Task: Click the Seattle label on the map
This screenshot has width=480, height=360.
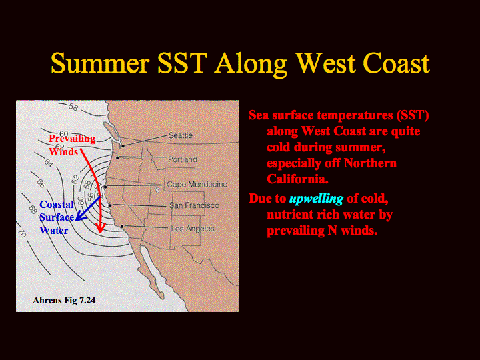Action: pyautogui.click(x=180, y=135)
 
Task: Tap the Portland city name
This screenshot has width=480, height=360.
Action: pyautogui.click(x=183, y=159)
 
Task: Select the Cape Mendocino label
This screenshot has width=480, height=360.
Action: pyautogui.click(x=197, y=184)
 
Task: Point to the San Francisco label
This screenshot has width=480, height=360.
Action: pyautogui.click(x=195, y=205)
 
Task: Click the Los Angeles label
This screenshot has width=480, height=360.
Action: pyautogui.click(x=193, y=229)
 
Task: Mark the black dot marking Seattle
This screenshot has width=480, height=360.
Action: pyautogui.click(x=123, y=146)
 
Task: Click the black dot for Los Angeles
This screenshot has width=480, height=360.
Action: pyautogui.click(x=122, y=227)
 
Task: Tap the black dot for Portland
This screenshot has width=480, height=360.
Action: pyautogui.click(x=117, y=157)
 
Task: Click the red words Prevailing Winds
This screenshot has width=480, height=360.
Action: pyautogui.click(x=72, y=145)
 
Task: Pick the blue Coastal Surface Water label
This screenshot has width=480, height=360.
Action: pyautogui.click(x=57, y=217)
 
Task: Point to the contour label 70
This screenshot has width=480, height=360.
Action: pyautogui.click(x=21, y=233)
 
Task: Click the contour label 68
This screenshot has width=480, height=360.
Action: pyautogui.click(x=33, y=209)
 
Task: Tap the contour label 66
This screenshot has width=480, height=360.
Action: pyautogui.click(x=41, y=183)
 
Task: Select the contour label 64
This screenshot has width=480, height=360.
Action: pyautogui.click(x=49, y=163)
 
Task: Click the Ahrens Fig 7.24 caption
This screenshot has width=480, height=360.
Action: pyautogui.click(x=64, y=300)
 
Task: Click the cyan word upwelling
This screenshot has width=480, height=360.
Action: pyautogui.click(x=316, y=199)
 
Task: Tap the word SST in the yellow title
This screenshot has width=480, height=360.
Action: pyautogui.click(x=182, y=63)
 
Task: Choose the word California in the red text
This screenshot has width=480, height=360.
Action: pyautogui.click(x=297, y=179)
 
